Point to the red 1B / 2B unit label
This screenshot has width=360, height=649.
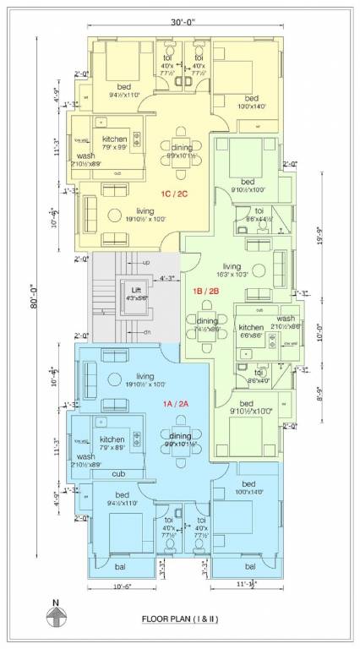pyautogui.click(x=206, y=292)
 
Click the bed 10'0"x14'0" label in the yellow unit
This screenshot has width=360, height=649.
pyautogui.click(x=246, y=98)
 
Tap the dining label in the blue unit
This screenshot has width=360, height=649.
pyautogui.click(x=180, y=434)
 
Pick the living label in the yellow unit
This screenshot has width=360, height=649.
pyautogui.click(x=145, y=211)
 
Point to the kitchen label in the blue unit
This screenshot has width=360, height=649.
pyautogui.click(x=112, y=439)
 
